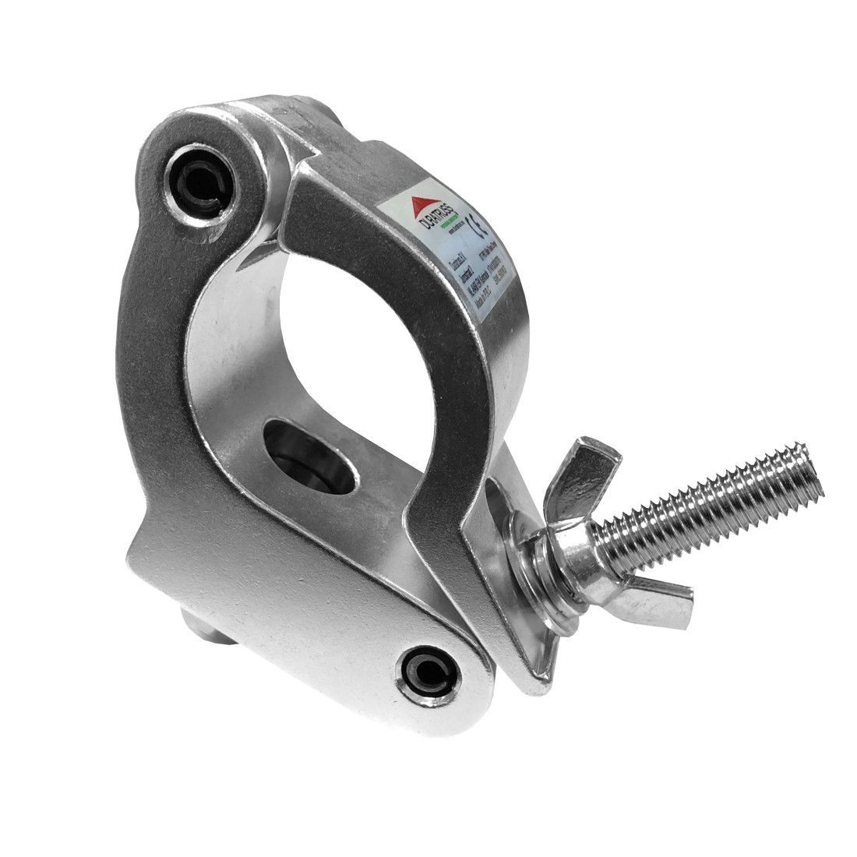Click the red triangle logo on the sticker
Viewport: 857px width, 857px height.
coord(421,207)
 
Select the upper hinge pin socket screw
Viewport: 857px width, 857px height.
coord(199,186)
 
